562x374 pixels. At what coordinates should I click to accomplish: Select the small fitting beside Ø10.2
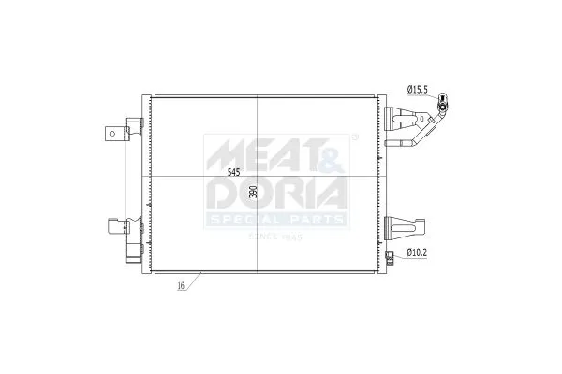point(390,254)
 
